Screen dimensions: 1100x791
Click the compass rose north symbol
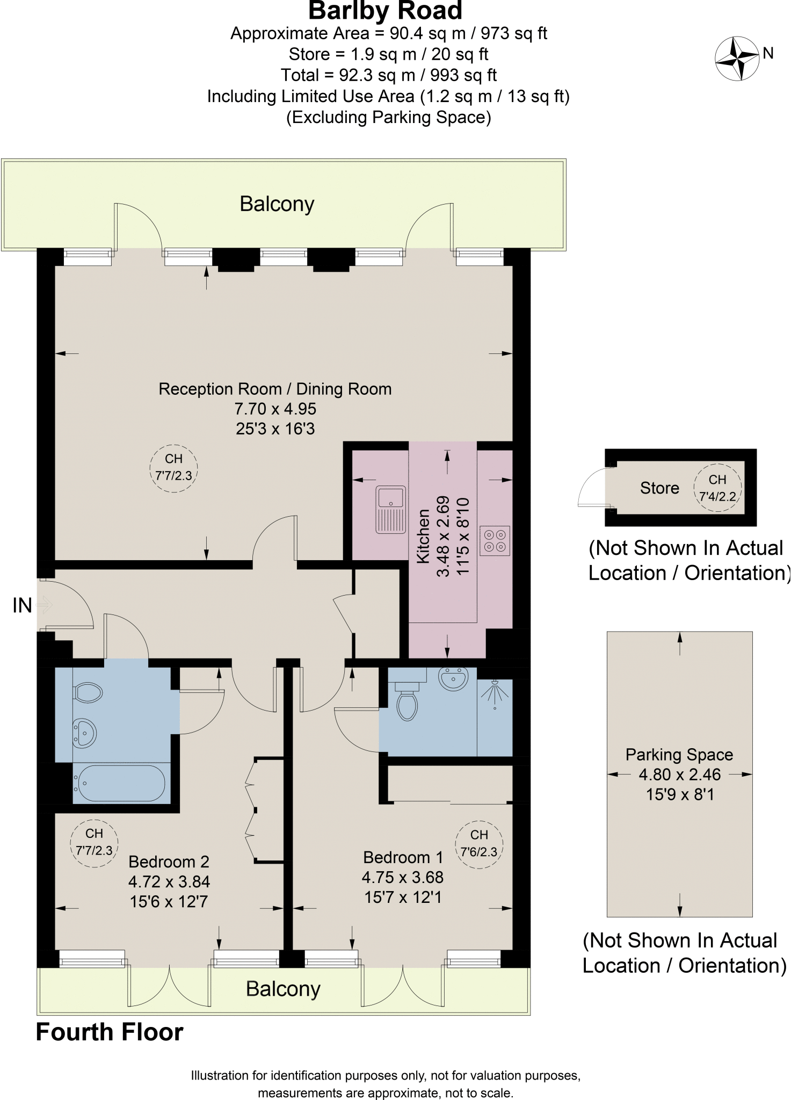tap(737, 58)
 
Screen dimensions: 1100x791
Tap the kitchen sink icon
tap(391, 509)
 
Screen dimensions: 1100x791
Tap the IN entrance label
tap(22, 606)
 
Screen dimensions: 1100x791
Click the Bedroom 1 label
tap(403, 857)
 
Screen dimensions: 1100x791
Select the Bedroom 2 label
tap(169, 862)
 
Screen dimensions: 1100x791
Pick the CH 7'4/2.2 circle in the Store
tap(717, 488)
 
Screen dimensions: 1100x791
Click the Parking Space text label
tap(679, 755)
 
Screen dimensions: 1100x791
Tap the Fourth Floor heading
tap(110, 1032)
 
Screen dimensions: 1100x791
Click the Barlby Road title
tap(385, 11)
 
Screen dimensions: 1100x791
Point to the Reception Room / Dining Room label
tap(275, 389)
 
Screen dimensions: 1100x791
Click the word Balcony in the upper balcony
tap(277, 204)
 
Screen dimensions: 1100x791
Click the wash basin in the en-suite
tap(454, 679)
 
